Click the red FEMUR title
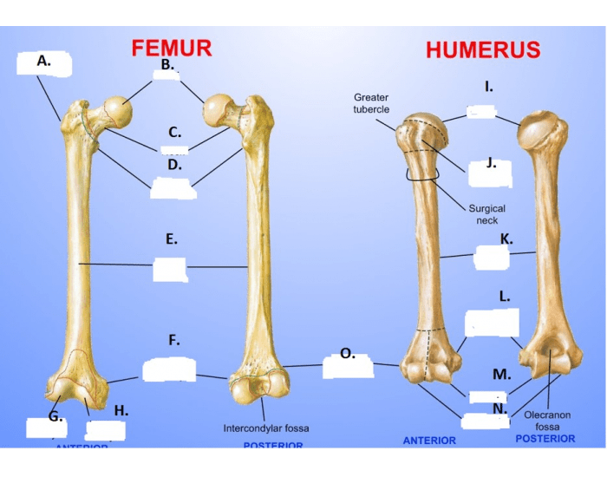click(x=172, y=48)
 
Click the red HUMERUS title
click(x=482, y=50)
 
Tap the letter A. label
click(x=43, y=62)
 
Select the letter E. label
click(x=172, y=238)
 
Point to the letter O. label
click(x=347, y=353)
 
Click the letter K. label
click(x=506, y=238)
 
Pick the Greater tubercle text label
click(x=371, y=103)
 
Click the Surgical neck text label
click(x=486, y=214)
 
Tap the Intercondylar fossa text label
click(x=265, y=428)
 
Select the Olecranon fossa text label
click(x=547, y=421)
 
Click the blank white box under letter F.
click(x=169, y=369)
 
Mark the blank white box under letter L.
click(x=492, y=323)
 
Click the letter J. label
click(x=491, y=162)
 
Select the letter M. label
click(x=501, y=375)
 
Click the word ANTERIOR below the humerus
click(x=429, y=441)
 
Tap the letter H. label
click(x=121, y=409)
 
